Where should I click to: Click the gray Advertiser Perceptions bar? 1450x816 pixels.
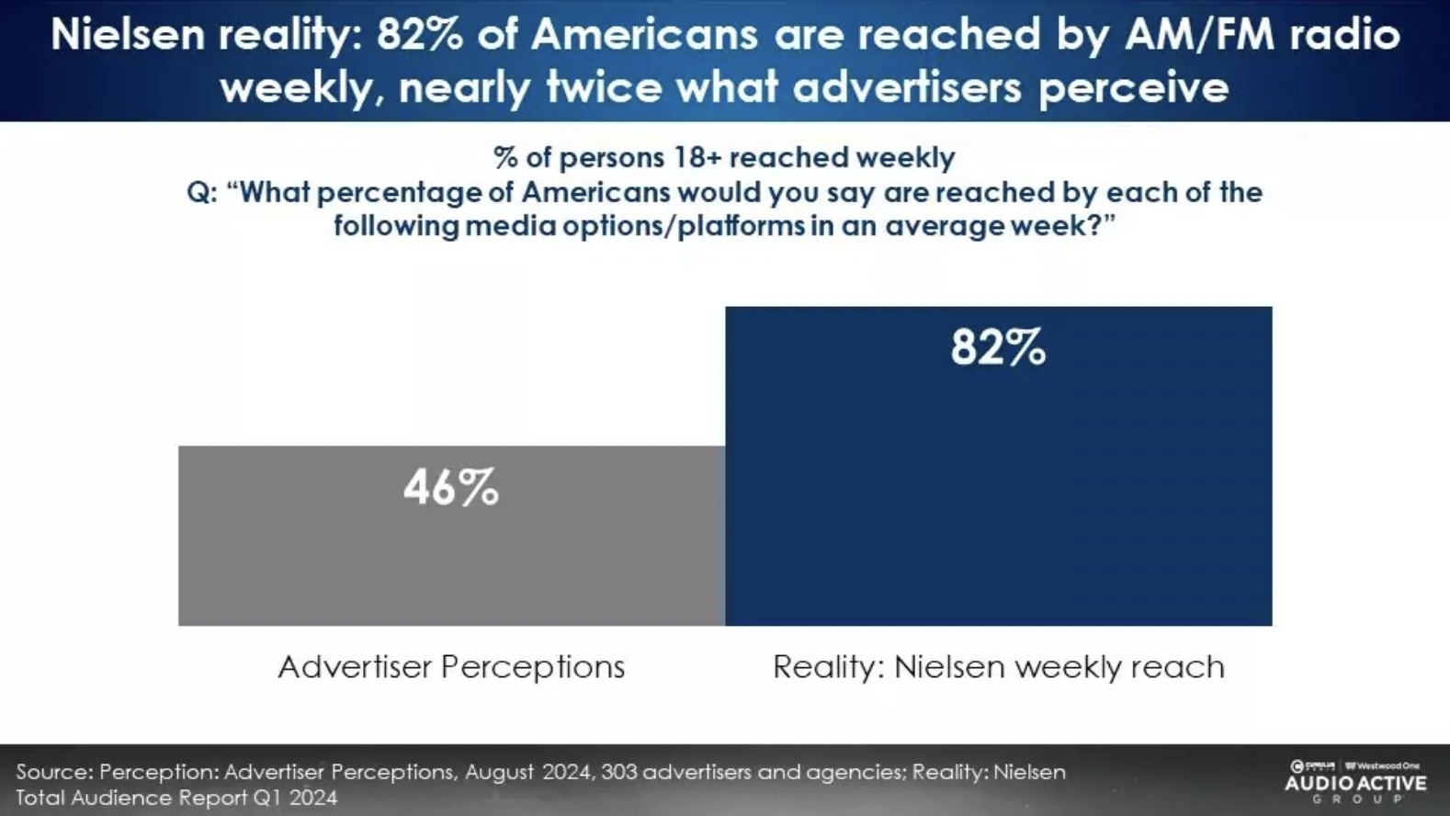pyautogui.click(x=451, y=561)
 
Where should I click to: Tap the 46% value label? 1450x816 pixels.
pyautogui.click(x=451, y=488)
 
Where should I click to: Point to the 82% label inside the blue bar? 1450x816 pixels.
pyautogui.click(x=998, y=348)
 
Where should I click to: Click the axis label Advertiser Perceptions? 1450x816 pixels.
pyautogui.click(x=451, y=666)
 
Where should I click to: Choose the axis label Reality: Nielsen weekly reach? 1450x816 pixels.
pyautogui.click(x=998, y=666)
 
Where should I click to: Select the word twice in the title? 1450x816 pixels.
pyautogui.click(x=604, y=88)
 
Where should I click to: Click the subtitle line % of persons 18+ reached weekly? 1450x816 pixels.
pyautogui.click(x=724, y=157)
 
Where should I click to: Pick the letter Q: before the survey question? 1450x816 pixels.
pyautogui.click(x=201, y=193)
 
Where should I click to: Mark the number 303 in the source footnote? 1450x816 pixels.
pyautogui.click(x=618, y=772)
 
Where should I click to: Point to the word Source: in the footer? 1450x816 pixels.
pyautogui.click(x=54, y=772)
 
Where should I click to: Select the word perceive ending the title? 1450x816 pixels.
pyautogui.click(x=1133, y=88)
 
